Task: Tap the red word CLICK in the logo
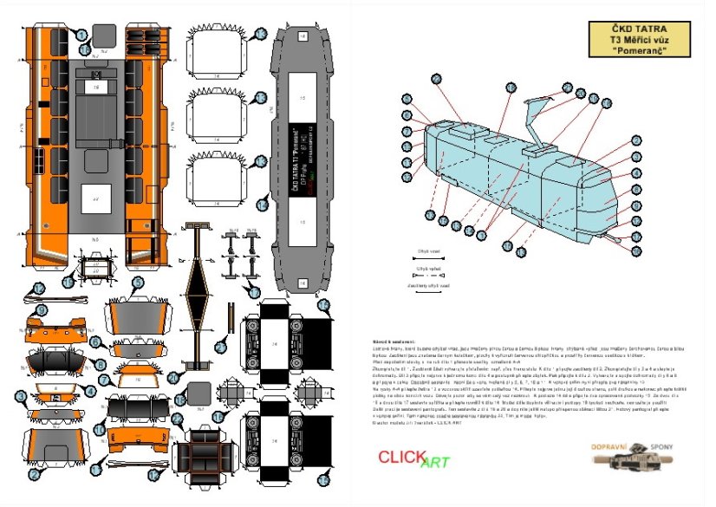click(x=401, y=457)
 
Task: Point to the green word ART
click(x=434, y=462)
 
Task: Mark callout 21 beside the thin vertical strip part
click(x=219, y=347)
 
